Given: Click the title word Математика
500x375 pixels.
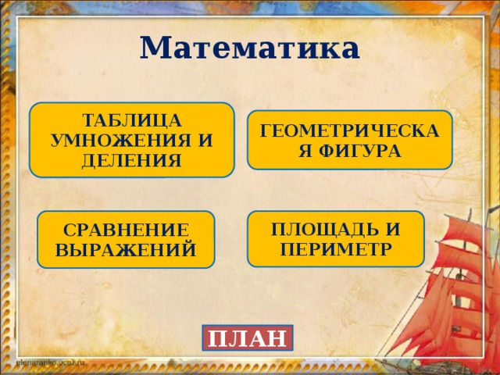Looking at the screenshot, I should point(250,48).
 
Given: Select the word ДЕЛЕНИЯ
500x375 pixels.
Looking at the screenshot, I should point(132,160).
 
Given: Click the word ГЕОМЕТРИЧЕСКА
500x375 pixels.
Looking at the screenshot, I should point(350,132).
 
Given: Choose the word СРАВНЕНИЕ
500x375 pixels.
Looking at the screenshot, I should point(126,230).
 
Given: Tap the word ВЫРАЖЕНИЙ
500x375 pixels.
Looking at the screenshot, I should point(126,250).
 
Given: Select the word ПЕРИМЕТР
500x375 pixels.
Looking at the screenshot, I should point(336,249).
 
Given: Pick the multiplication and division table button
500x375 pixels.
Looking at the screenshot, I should point(132,141).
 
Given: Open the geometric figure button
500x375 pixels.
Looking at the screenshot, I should point(350,141).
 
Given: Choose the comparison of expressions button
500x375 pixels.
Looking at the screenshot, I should point(126,240).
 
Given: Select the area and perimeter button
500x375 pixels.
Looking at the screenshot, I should point(336,239).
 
